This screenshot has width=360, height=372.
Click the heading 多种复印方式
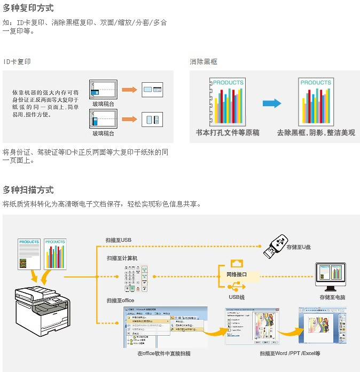click(28, 9)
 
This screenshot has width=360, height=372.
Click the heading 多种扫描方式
click(28, 190)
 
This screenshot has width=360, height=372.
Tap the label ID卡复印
click(17, 62)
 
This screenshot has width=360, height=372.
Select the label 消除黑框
click(204, 62)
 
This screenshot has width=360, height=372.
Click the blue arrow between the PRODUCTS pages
click(272, 103)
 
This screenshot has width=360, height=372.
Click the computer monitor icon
click(331, 275)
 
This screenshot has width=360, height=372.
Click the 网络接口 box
click(233, 275)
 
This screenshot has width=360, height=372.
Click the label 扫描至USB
click(119, 240)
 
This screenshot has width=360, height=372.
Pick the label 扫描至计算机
click(122, 258)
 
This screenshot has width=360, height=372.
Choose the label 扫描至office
click(120, 300)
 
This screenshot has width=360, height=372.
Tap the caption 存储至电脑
click(332, 297)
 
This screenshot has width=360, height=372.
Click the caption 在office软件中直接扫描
click(163, 353)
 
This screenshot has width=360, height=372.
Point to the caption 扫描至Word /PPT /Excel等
click(290, 353)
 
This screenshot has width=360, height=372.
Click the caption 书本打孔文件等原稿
click(228, 133)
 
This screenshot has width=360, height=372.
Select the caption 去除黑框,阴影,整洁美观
click(316, 133)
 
